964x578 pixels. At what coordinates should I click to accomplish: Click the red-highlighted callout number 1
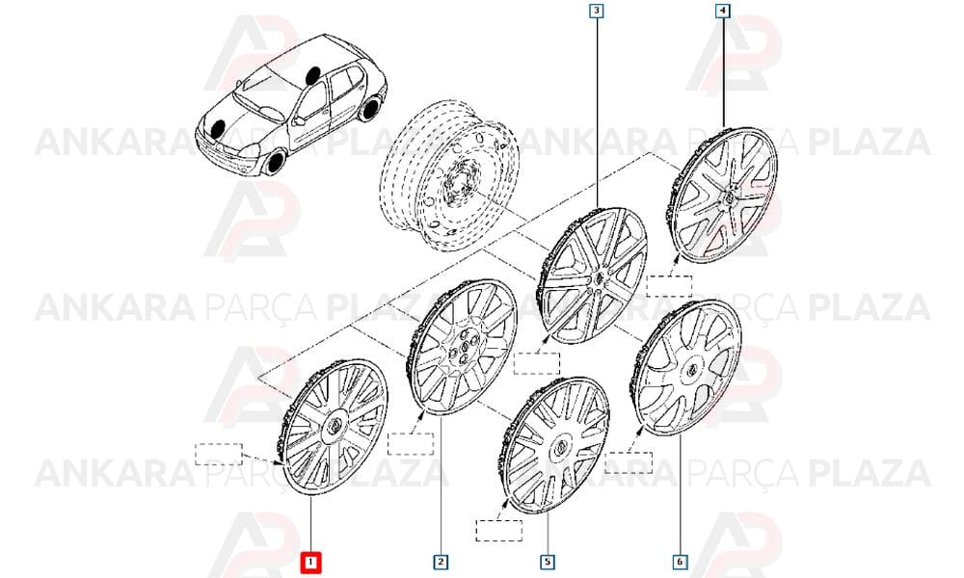tap(310, 562)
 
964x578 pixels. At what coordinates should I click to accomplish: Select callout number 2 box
tap(441, 562)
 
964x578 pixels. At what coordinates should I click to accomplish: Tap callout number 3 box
tap(597, 11)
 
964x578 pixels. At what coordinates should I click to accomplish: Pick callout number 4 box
tap(722, 11)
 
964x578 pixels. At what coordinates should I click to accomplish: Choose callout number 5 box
tap(548, 562)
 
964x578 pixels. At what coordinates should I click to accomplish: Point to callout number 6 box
tap(680, 562)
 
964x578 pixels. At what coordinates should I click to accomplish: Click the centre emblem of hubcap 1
tap(335, 427)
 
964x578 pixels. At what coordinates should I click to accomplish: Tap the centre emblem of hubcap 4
tap(726, 197)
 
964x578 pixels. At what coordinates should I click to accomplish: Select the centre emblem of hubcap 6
tap(690, 370)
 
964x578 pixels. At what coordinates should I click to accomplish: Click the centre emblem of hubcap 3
tap(597, 279)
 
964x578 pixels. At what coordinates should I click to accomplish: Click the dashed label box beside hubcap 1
tap(218, 454)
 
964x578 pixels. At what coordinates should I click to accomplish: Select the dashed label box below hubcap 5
tap(499, 531)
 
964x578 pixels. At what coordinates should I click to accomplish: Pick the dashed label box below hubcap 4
tap(670, 286)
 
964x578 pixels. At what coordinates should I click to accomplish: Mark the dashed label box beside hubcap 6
tap(629, 462)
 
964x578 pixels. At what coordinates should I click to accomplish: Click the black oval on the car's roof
tap(312, 75)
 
